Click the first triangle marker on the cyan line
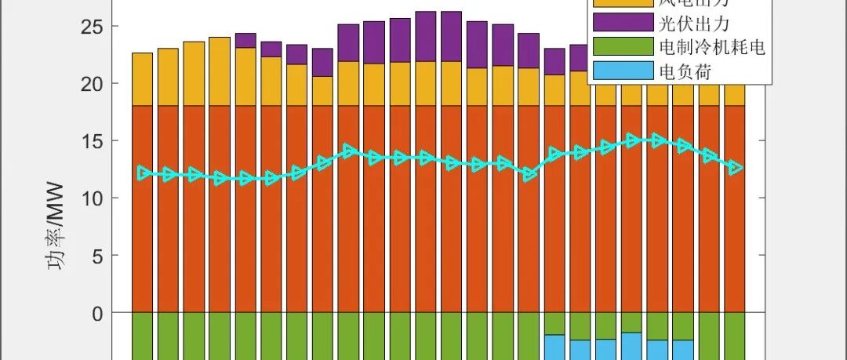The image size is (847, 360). (x=143, y=173)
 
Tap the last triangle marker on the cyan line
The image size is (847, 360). (x=735, y=167)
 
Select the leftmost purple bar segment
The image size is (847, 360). (x=245, y=41)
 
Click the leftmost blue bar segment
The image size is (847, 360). (x=554, y=347)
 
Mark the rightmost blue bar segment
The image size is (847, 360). (x=683, y=349)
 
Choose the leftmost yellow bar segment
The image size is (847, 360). (x=143, y=78)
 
